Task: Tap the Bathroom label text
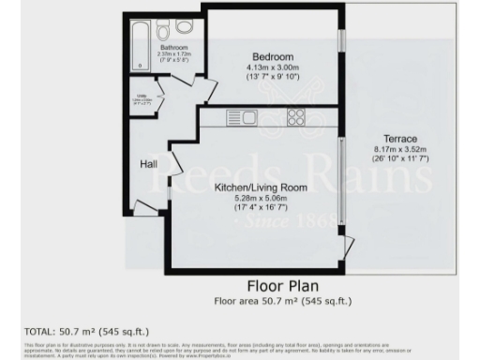pos(173,48)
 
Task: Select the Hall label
pos(148,164)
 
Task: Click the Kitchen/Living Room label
pos(261,187)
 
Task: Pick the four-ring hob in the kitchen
pos(296,118)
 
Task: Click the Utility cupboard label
pos(142,97)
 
